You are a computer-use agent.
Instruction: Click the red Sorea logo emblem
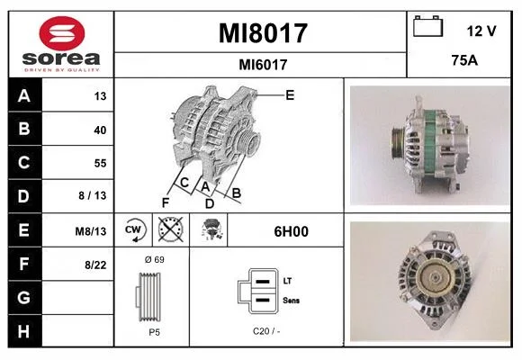pos(62,33)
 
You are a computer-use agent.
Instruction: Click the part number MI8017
pos(263,33)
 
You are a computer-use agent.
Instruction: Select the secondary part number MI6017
pos(263,65)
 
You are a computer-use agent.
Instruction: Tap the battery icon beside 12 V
pos(428,26)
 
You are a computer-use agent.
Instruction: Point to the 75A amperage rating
pos(464,60)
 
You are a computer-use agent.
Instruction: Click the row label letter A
pos(24,96)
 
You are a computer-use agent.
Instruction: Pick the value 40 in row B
pos(100,130)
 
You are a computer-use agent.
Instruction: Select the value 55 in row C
pos(100,163)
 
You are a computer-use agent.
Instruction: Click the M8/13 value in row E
pos(91,231)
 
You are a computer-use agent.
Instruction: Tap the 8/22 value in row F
pos(95,265)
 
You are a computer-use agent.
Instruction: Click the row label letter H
pos(23,331)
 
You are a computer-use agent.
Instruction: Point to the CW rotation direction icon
pos(133,229)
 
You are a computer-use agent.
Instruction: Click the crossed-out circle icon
pos(171,229)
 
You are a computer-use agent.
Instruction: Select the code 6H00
pos(292,231)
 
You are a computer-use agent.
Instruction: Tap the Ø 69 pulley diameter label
pos(155,260)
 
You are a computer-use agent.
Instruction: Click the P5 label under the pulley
pos(154,332)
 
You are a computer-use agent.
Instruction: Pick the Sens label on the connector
pos(291,301)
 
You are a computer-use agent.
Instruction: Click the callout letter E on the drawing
pos(290,95)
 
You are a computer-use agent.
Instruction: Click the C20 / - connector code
pos(266,331)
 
